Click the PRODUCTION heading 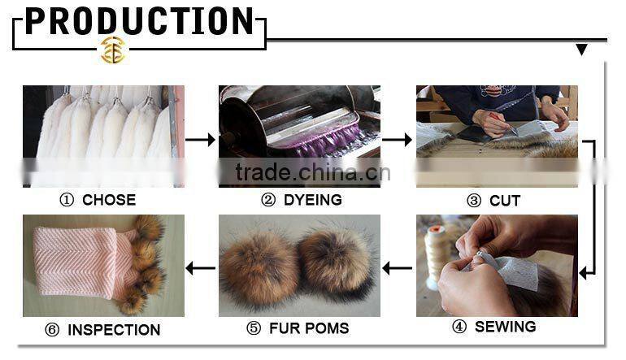point(139,22)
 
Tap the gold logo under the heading point(112,50)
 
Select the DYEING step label point(301,200)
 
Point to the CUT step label point(493,200)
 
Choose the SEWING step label point(495,327)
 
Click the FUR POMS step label point(298,328)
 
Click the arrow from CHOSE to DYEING point(200,140)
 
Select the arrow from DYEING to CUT point(397,140)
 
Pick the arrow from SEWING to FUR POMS point(398,267)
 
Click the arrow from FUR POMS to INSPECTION point(201,267)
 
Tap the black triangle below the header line point(581,50)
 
